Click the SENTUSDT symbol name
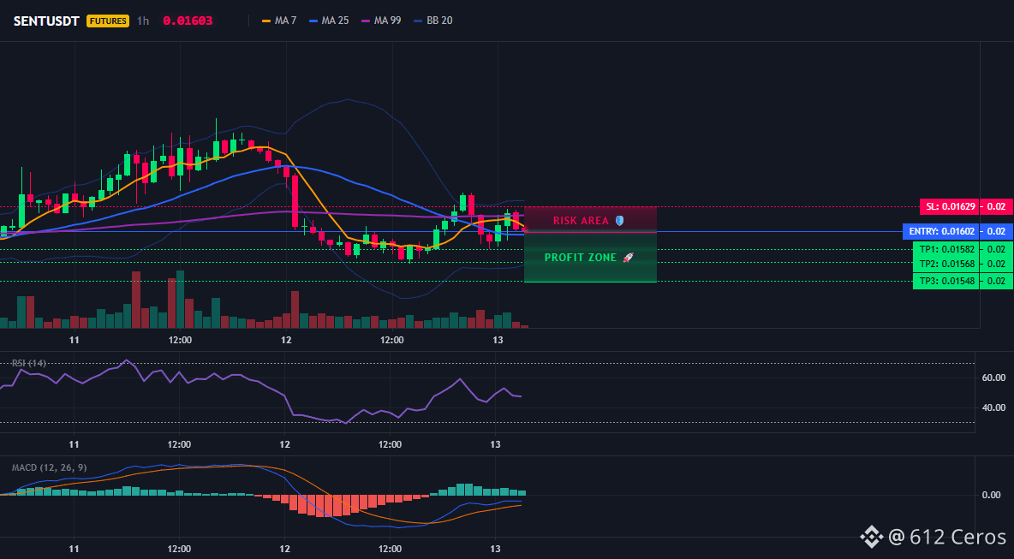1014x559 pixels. tap(46, 21)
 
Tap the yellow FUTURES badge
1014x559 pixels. tap(108, 21)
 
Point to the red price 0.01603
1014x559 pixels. tap(188, 21)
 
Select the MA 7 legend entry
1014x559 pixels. tap(279, 21)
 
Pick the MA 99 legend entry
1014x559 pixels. tap(381, 21)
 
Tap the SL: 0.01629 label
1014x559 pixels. tap(949, 207)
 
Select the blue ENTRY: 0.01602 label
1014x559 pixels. tap(939, 231)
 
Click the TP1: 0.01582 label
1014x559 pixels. tap(945, 249)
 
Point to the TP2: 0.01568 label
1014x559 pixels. tap(945, 264)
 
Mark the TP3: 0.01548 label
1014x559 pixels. tap(945, 281)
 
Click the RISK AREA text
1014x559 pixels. tap(581, 221)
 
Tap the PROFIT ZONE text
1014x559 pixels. tap(581, 257)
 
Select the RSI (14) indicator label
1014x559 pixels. tap(29, 363)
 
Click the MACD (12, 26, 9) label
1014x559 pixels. tap(49, 467)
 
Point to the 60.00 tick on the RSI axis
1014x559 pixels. tap(993, 378)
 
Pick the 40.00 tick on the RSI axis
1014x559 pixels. tap(993, 407)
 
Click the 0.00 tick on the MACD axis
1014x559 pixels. tap(992, 495)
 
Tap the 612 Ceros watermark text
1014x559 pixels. tap(957, 537)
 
